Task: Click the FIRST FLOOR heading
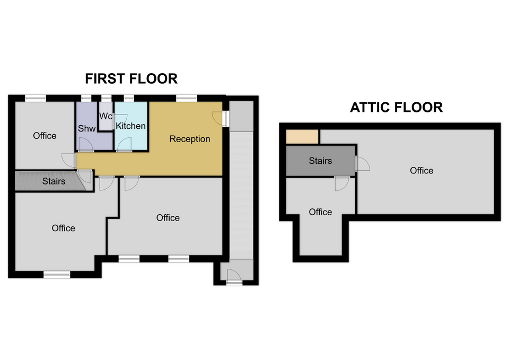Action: click(131, 79)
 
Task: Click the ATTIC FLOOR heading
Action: click(397, 108)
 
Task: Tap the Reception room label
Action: click(190, 139)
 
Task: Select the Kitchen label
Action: click(130, 126)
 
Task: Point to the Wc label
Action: click(106, 116)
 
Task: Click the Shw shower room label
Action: click(86, 128)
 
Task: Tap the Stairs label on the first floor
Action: click(54, 181)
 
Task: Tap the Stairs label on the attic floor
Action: click(320, 161)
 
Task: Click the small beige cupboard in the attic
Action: click(302, 137)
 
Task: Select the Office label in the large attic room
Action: click(422, 170)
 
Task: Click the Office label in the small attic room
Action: click(320, 212)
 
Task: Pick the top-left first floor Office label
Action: click(45, 136)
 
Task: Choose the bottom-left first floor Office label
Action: click(63, 228)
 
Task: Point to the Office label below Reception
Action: click(168, 218)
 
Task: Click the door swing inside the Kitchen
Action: click(124, 145)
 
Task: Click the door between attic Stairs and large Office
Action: click(362, 164)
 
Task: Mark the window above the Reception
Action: click(187, 98)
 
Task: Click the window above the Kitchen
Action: click(129, 98)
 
